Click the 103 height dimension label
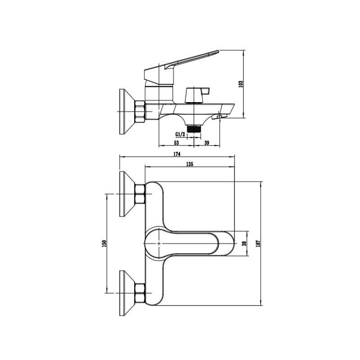pos(241,84)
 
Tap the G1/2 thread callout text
pos(180,134)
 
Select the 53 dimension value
pos(176,143)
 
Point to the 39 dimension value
pos(207,143)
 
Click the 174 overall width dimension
pos(177,154)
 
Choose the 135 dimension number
pos(189,164)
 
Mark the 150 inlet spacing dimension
pos(104,243)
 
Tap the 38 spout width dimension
pos(244,243)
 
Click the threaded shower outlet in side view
pos(194,129)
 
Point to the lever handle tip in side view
pos(218,51)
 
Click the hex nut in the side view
pos(140,112)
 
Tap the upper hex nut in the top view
pos(140,194)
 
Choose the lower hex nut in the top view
pos(140,293)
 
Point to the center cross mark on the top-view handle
pos(159,243)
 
